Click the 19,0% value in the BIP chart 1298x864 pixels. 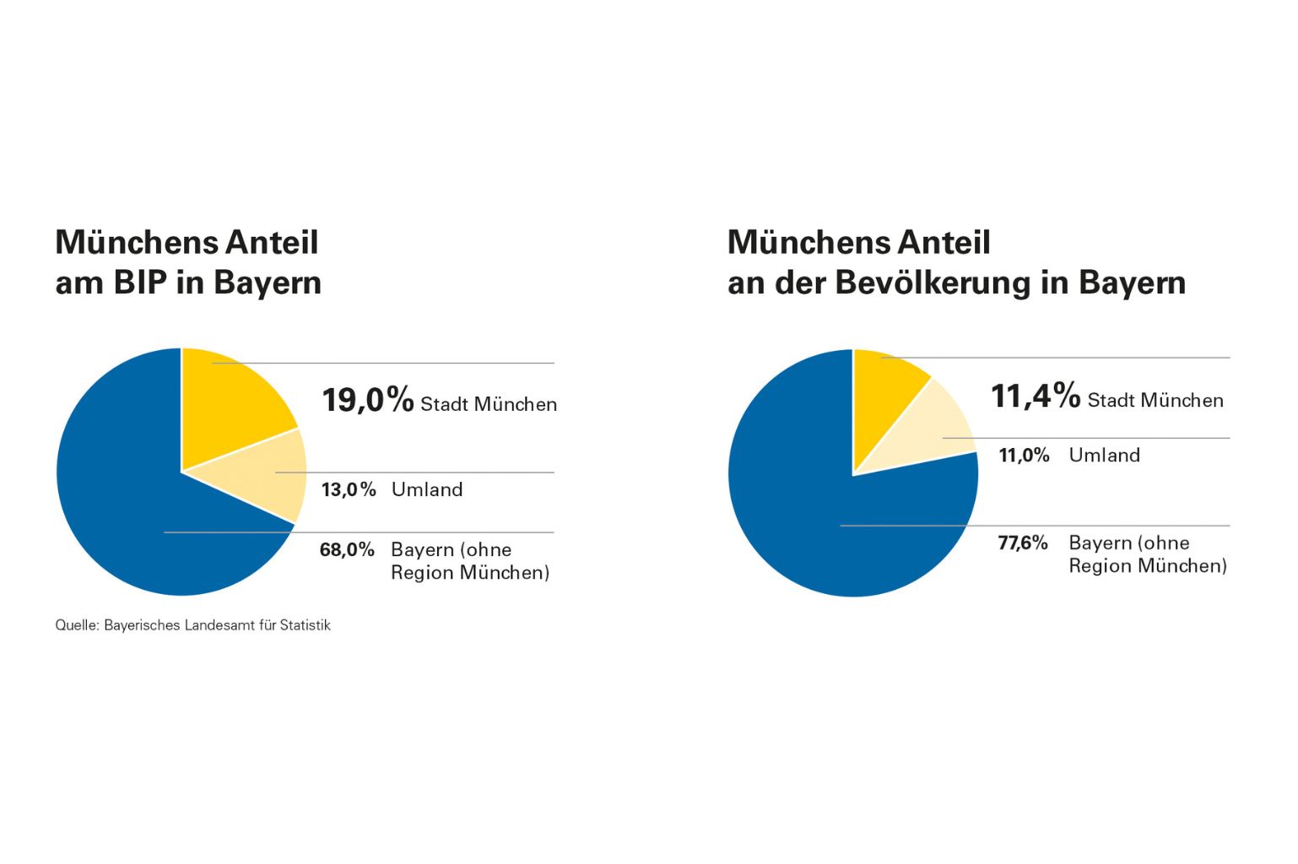367,400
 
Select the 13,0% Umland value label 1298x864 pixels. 348,489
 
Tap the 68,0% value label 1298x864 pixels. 347,550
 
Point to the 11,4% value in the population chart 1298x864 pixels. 1035,396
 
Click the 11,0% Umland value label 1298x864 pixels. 1024,456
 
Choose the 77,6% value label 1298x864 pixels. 1022,543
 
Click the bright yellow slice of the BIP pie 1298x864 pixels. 228,405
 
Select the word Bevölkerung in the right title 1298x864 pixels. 933,283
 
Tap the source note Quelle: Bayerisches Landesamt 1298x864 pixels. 192,625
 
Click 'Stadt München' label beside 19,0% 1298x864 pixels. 489,404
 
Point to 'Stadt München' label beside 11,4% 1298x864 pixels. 1155,400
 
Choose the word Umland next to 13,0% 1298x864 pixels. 427,489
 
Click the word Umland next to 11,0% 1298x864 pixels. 1104,456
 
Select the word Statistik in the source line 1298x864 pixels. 305,625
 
